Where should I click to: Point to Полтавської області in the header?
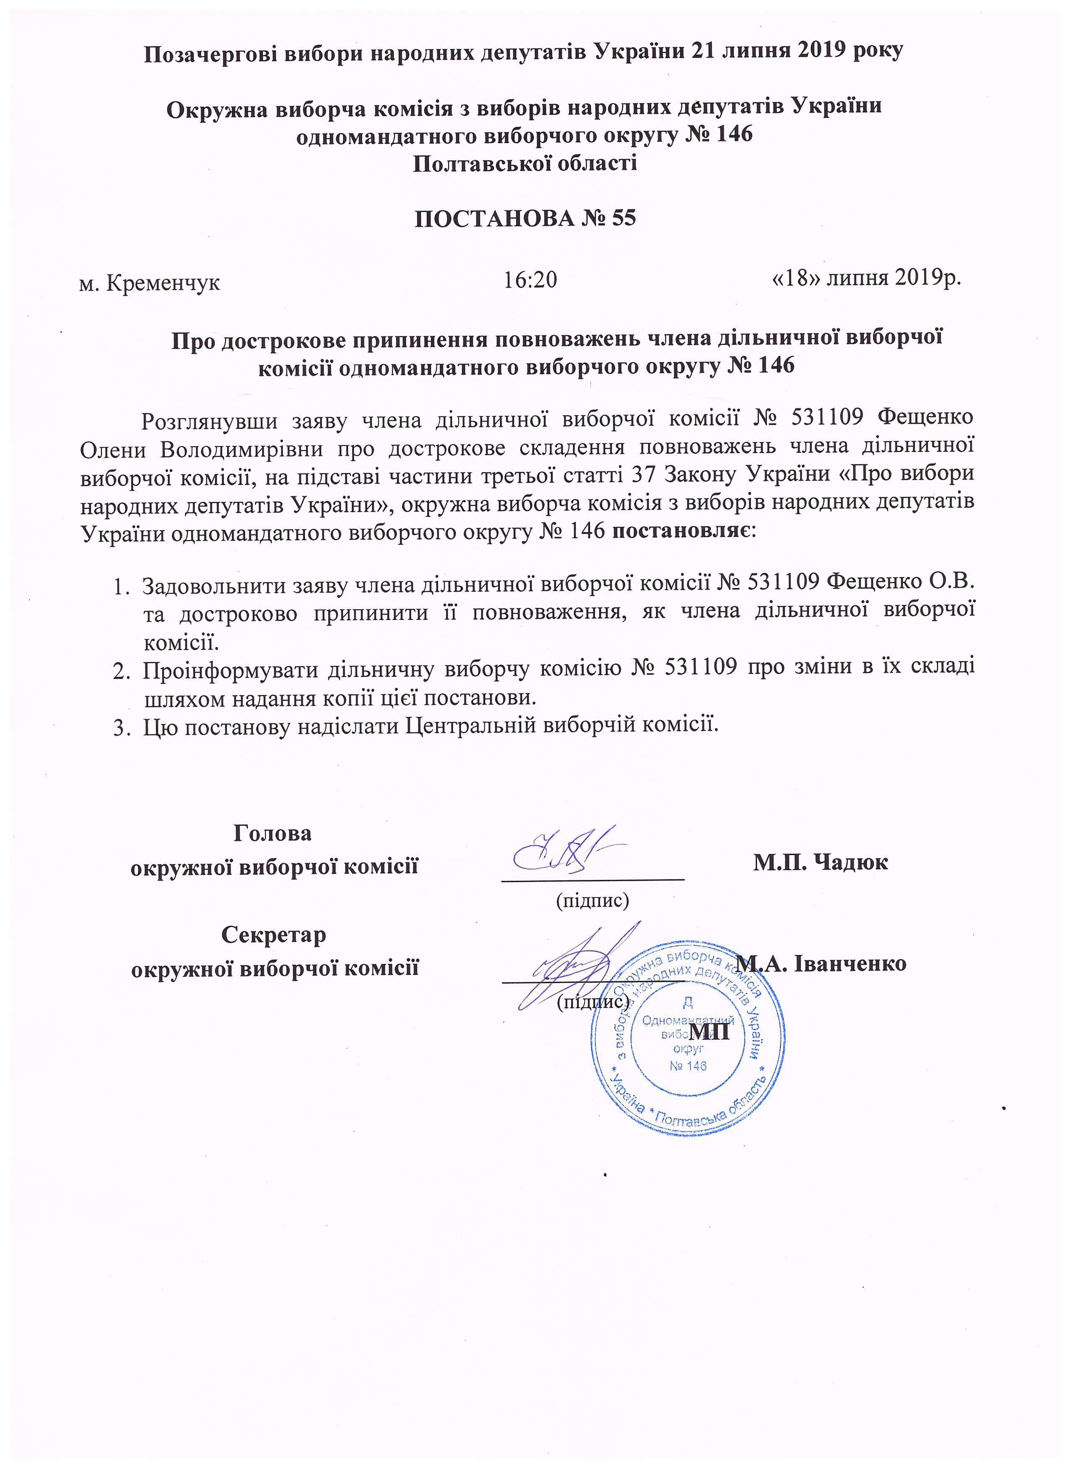click(x=525, y=162)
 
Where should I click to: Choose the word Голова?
click(x=273, y=833)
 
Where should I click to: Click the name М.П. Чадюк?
click(x=820, y=862)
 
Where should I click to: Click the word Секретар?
click(x=273, y=935)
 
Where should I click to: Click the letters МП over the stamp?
click(x=710, y=1031)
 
